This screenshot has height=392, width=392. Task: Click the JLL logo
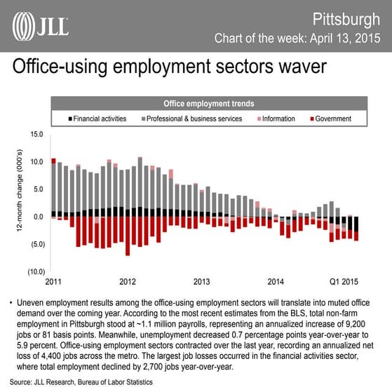click(41, 26)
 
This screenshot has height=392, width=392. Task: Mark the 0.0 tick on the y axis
click(38, 217)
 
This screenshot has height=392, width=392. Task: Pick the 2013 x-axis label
click(201, 281)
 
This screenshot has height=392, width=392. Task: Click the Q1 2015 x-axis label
click(344, 281)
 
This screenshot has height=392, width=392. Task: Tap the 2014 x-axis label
click(276, 281)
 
